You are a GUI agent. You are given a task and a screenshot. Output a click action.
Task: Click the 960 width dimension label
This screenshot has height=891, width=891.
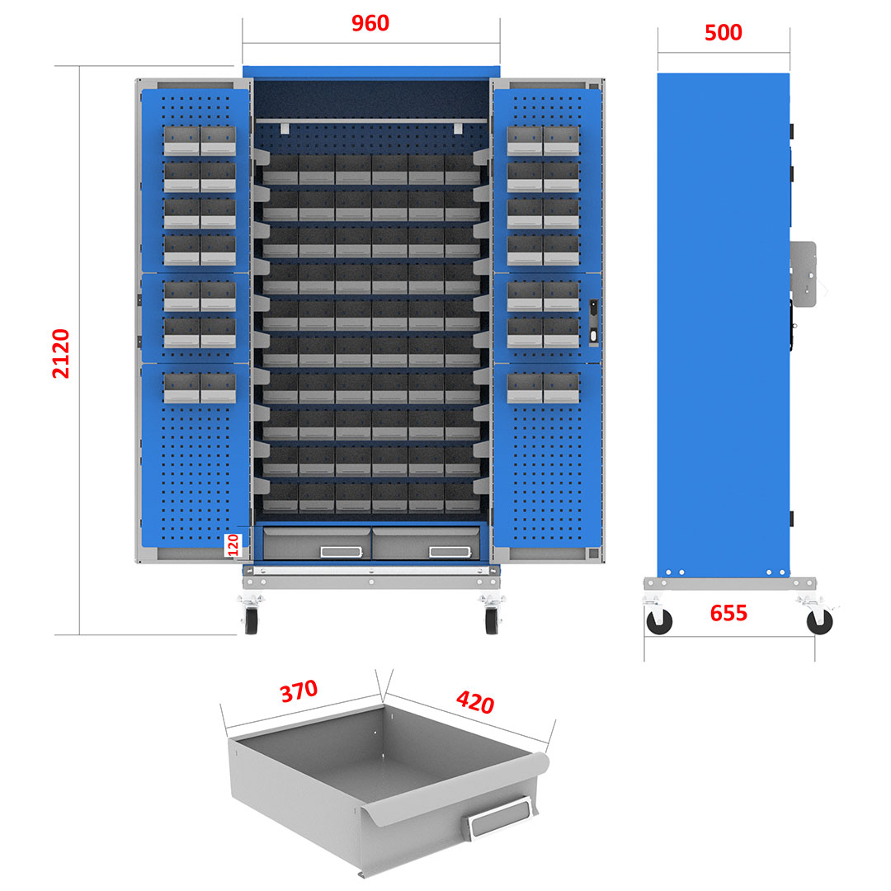pyautogui.click(x=370, y=23)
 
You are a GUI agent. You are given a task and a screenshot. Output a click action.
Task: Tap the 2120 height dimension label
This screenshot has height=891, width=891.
pyautogui.click(x=61, y=353)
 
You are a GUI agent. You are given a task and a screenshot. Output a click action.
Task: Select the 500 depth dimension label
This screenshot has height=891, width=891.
pyautogui.click(x=724, y=32)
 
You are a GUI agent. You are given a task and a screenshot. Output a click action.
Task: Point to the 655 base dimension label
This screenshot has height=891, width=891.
pyautogui.click(x=728, y=613)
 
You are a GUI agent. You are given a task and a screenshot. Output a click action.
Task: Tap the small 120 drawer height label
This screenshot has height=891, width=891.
pyautogui.click(x=233, y=544)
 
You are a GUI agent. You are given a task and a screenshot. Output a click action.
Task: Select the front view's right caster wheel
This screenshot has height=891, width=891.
pyautogui.click(x=493, y=620)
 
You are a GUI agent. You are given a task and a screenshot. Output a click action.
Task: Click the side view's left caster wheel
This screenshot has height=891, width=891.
pyautogui.click(x=659, y=620)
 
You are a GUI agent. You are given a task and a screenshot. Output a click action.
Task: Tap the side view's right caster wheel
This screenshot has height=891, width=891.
pyautogui.click(x=819, y=620)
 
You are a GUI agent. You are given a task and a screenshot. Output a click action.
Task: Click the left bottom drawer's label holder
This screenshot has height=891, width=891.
pyautogui.click(x=342, y=552)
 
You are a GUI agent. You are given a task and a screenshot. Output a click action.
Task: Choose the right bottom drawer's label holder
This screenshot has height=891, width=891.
pyautogui.click(x=450, y=552)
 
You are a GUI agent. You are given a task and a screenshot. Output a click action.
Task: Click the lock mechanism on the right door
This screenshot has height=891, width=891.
pyautogui.click(x=593, y=322)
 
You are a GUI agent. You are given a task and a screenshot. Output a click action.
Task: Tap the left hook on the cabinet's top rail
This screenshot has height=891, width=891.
pyautogui.click(x=283, y=128)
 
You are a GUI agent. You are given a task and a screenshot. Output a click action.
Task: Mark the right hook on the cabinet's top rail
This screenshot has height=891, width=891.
pyautogui.click(x=458, y=128)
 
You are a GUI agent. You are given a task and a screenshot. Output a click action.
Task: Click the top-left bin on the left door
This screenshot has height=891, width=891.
pyautogui.click(x=181, y=141)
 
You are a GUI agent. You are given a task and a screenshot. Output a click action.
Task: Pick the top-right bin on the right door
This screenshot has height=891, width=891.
pyautogui.click(x=561, y=141)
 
